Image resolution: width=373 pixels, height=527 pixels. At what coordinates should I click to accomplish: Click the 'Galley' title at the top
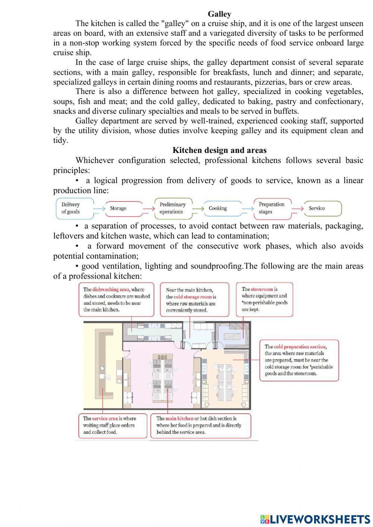tap(219, 14)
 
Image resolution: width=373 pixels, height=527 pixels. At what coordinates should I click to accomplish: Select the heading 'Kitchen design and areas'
tap(219, 150)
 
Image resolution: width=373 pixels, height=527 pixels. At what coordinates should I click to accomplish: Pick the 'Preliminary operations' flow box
tap(173, 208)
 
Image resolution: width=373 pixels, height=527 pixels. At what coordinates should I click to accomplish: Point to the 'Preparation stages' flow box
tap(272, 208)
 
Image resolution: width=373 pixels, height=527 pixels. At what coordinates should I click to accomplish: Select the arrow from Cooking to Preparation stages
tap(247, 208)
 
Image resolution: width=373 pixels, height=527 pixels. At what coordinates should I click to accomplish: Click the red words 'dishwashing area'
tap(110, 289)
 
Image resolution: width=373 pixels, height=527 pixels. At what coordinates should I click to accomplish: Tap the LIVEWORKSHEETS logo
tap(315, 519)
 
